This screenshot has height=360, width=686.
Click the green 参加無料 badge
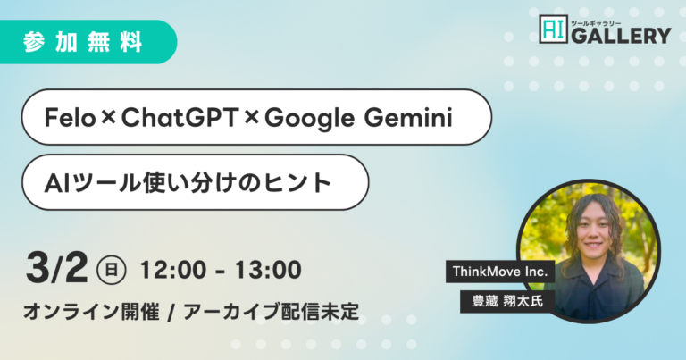(88, 42)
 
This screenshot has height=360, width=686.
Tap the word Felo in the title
(70, 118)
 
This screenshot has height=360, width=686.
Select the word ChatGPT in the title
(180, 118)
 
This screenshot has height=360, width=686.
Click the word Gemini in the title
(407, 118)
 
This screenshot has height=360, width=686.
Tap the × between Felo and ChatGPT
(108, 118)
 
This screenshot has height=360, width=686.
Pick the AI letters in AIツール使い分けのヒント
(58, 183)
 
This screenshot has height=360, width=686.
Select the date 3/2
(56, 269)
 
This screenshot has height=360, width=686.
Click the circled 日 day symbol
(111, 270)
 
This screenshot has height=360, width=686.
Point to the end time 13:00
(268, 270)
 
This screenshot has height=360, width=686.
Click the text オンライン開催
(91, 312)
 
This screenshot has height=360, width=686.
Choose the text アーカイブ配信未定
(272, 312)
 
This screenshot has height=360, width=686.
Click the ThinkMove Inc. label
(500, 272)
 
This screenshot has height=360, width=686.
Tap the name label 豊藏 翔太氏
(507, 301)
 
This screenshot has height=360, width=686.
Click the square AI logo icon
(554, 29)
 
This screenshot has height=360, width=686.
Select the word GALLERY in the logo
(621, 35)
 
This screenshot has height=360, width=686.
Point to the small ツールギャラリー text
(596, 22)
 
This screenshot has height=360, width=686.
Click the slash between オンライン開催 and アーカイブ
(171, 313)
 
